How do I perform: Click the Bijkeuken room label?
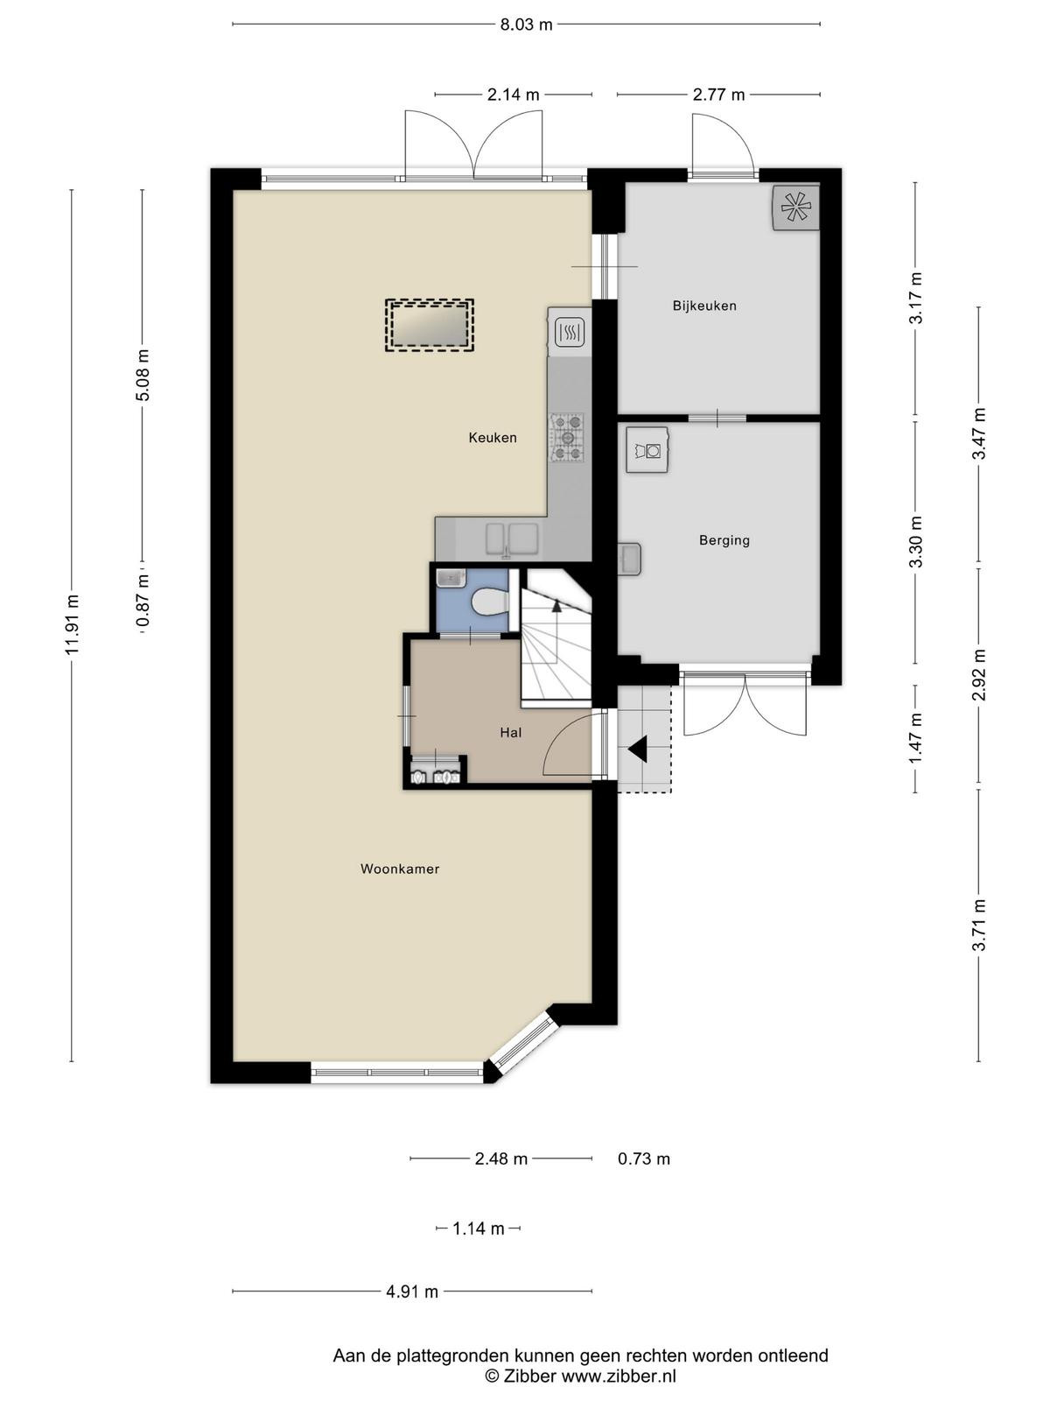(704, 306)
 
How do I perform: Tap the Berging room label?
(724, 540)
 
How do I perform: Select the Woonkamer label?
(400, 869)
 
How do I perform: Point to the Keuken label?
(492, 438)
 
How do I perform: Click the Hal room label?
(511, 733)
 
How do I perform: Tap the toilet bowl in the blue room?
(488, 602)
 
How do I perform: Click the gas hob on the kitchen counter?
(567, 438)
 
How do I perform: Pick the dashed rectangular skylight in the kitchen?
(429, 326)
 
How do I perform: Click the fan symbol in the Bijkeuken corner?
(795, 208)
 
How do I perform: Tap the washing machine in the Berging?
(647, 450)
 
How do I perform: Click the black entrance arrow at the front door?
(638, 749)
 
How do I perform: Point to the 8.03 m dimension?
(526, 25)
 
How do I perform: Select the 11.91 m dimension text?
(72, 623)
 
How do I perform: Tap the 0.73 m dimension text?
(644, 1159)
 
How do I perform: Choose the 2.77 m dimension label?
(718, 95)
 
